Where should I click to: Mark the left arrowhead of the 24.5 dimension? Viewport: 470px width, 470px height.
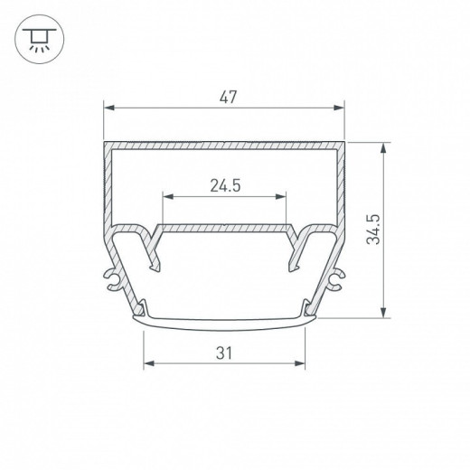coord(165,195)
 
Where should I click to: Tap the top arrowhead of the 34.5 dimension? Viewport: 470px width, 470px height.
coord(386,145)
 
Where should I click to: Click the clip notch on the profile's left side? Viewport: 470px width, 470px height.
coord(113,280)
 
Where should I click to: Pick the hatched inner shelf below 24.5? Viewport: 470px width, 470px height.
coord(224,223)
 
